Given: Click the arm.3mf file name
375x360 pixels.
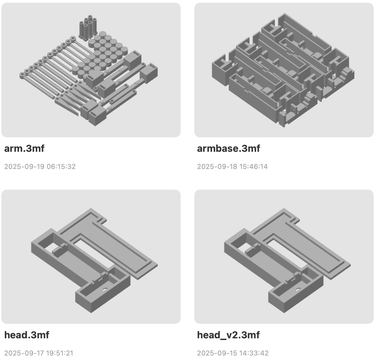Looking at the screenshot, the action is coord(24,149).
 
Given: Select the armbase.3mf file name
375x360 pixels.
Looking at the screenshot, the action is coord(228,149).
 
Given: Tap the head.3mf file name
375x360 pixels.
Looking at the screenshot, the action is coord(27,335).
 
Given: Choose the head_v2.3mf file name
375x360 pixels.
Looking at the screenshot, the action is coord(228,335).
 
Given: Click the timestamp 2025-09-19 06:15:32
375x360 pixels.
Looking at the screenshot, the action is coord(40,167).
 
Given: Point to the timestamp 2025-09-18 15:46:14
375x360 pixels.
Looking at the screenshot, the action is coord(233,167).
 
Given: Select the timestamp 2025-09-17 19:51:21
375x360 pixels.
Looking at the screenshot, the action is coord(39,353).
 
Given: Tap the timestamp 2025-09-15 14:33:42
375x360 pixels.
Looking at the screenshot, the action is coord(233,353).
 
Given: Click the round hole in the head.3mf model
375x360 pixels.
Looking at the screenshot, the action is coord(105,290).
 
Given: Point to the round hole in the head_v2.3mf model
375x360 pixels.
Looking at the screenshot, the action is coord(298,290).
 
